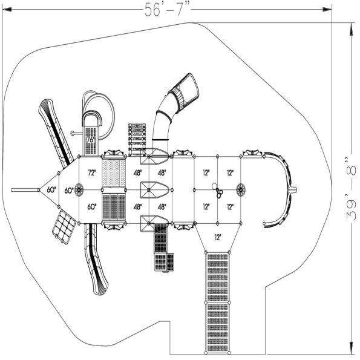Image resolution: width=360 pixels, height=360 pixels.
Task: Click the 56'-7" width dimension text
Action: coord(167,9)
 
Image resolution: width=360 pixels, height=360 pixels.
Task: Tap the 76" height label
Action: coord(91,140)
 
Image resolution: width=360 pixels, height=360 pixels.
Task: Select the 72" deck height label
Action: coord(92,172)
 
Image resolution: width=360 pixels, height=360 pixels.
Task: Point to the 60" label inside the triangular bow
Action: coord(51,190)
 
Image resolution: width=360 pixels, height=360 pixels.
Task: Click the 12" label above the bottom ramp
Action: coord(218,237)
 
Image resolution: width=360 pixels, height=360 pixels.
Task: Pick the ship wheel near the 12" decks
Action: coord(240,190)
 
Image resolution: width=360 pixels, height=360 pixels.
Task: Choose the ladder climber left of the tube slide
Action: coord(137,139)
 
